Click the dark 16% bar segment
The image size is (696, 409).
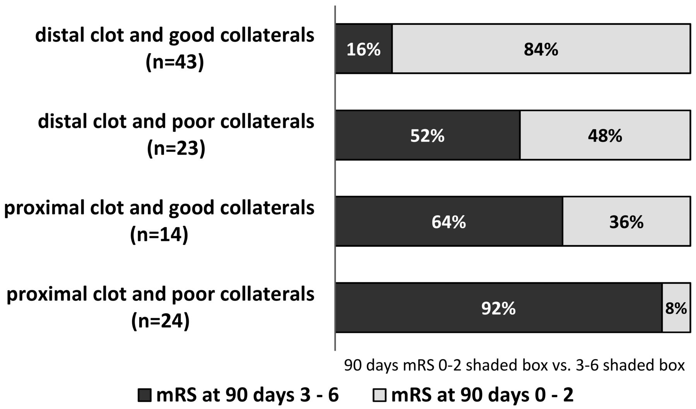click(x=364, y=48)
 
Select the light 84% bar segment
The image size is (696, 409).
click(x=541, y=48)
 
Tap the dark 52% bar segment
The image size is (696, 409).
click(x=428, y=135)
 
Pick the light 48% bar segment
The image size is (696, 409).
click(x=606, y=135)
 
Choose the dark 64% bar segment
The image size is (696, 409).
click(x=449, y=221)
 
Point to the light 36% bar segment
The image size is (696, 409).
click(x=627, y=221)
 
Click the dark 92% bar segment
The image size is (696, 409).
click(x=499, y=308)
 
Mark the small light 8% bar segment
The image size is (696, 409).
click(x=676, y=308)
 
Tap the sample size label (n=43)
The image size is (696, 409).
click(x=175, y=62)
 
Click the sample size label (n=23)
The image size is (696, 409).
click(x=176, y=148)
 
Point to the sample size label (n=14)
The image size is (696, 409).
click(x=159, y=235)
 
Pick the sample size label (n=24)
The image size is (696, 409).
click(x=160, y=321)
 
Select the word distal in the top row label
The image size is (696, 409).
click(x=60, y=35)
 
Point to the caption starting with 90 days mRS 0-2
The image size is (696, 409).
click(x=514, y=365)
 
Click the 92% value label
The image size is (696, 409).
click(x=499, y=308)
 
